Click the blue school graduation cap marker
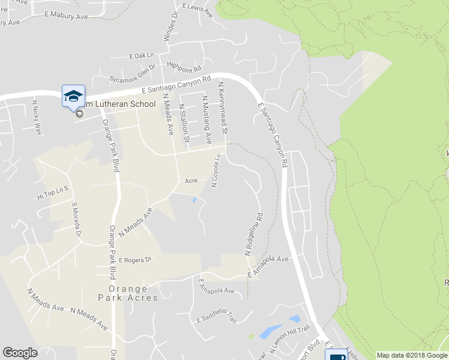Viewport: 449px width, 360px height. point(73,95)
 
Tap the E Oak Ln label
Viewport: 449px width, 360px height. point(142,56)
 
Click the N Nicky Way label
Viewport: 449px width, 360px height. point(38,118)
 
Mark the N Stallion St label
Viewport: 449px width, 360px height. point(184,122)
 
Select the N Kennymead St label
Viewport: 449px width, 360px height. point(223,108)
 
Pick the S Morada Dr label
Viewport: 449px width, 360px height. point(76,220)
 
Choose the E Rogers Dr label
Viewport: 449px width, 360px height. point(136,260)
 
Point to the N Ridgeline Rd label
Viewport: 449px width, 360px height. point(255,233)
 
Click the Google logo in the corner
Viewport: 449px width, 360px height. point(20,353)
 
